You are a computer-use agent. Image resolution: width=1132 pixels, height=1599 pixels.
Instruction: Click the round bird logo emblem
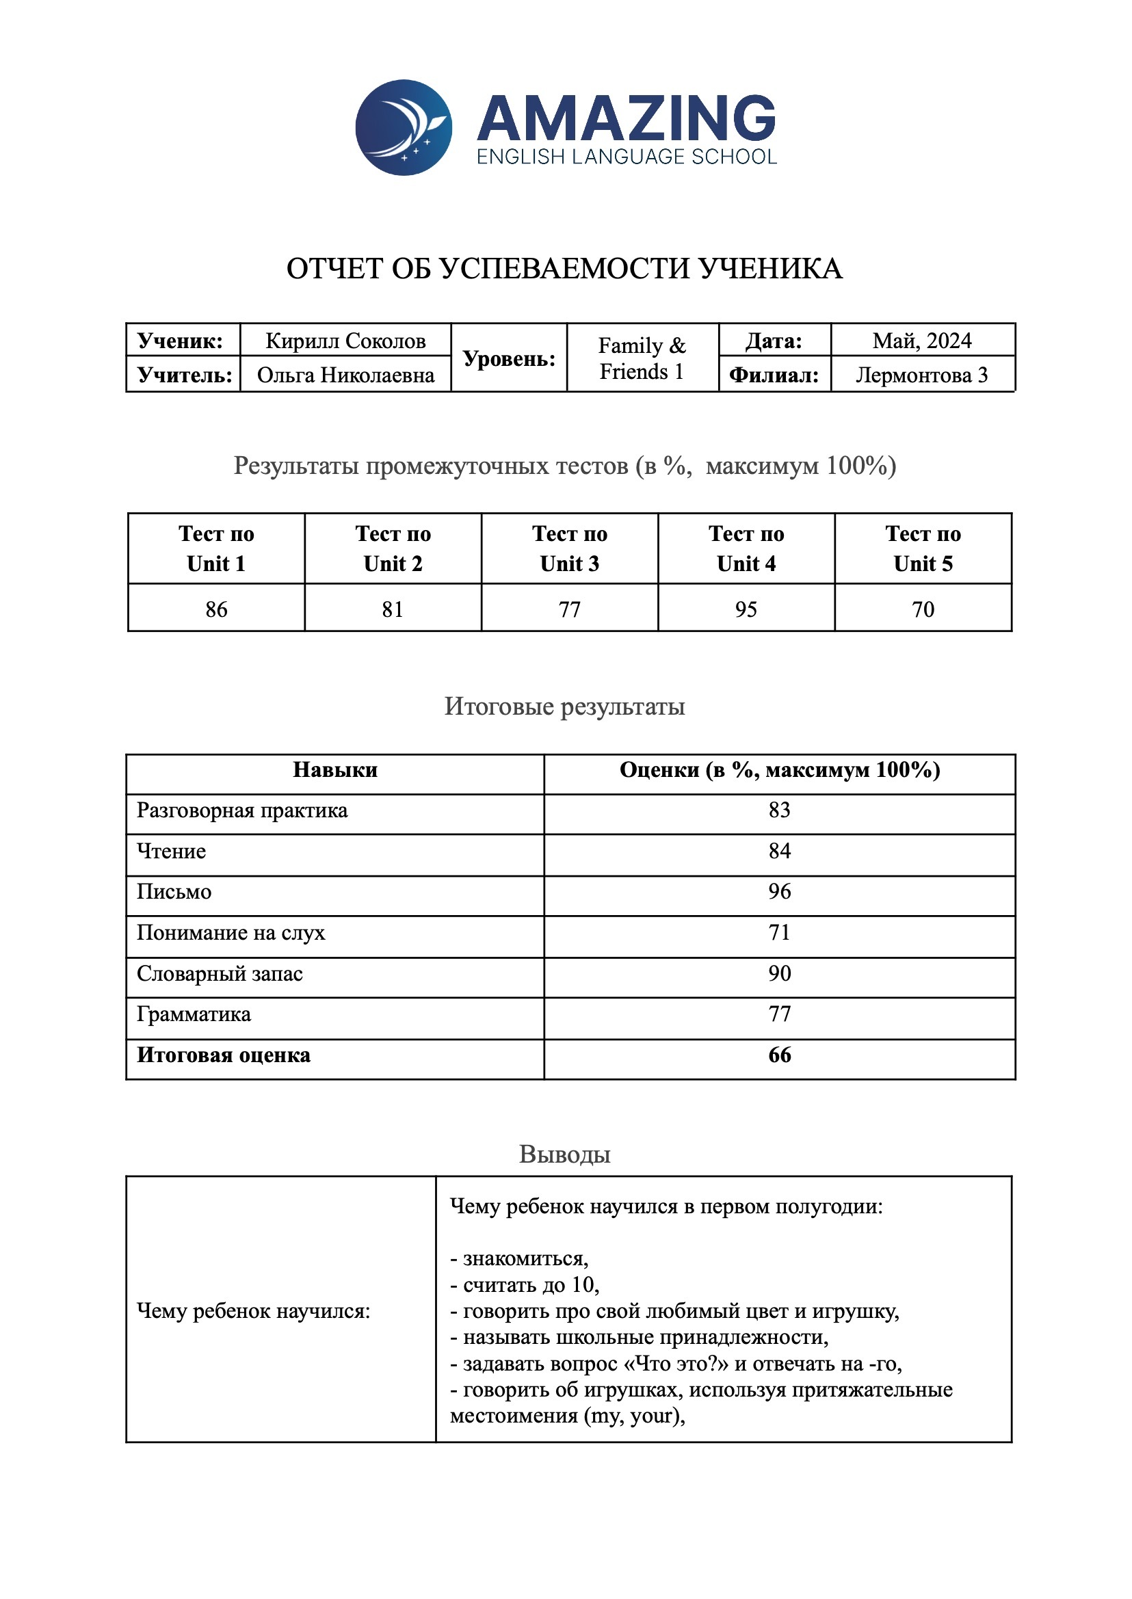[404, 128]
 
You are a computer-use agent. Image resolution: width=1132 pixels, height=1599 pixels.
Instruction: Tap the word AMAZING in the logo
[626, 118]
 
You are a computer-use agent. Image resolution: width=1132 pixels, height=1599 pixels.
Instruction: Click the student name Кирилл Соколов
[345, 341]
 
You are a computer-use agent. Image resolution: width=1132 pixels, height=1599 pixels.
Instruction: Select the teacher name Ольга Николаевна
[345, 375]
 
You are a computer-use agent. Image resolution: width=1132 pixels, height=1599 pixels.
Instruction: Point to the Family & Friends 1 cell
[642, 358]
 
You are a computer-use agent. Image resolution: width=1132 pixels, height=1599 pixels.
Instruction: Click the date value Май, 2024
[921, 341]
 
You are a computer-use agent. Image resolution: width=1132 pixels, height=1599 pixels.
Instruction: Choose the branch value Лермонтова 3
[921, 375]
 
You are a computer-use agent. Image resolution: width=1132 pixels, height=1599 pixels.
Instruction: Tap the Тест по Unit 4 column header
[746, 549]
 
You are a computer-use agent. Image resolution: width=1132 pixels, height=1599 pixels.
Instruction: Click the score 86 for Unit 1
[216, 609]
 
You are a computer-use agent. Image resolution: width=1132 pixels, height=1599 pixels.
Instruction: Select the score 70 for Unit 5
[923, 609]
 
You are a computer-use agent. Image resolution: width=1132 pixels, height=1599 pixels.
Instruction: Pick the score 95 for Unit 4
[746, 609]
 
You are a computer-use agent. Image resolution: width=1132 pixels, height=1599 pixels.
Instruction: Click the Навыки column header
[334, 769]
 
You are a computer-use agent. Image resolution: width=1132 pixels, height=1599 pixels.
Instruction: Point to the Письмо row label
[174, 892]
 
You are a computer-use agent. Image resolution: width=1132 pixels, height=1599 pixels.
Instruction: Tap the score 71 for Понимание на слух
[779, 933]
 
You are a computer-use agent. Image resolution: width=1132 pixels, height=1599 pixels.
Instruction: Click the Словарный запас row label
[220, 973]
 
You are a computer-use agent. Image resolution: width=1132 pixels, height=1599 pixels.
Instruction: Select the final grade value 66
[779, 1055]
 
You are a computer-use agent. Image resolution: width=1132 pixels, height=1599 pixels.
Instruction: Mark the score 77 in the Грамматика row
[779, 1014]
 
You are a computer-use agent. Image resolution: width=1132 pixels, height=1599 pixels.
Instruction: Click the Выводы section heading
[564, 1154]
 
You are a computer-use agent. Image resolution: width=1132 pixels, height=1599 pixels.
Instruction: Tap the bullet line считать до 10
[525, 1284]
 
